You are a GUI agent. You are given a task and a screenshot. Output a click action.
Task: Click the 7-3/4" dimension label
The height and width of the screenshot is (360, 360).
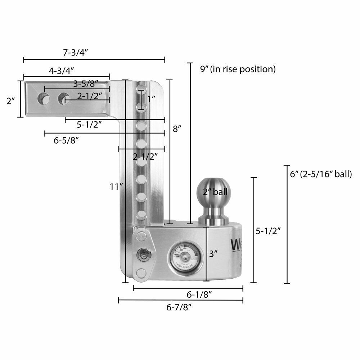tap(76, 52)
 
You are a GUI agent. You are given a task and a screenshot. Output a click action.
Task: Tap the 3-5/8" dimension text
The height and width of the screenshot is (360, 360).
tap(86, 84)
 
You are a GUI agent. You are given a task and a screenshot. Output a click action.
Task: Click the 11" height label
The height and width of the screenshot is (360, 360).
tap(117, 186)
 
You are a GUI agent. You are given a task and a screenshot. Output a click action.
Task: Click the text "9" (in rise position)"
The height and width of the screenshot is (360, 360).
tap(238, 69)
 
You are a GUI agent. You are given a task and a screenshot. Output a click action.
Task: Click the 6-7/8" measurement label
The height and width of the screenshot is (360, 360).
tap(179, 307)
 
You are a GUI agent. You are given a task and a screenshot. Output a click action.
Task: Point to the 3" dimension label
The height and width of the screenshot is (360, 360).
tap(213, 254)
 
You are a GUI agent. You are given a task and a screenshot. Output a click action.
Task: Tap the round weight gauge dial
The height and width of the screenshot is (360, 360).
tap(184, 256)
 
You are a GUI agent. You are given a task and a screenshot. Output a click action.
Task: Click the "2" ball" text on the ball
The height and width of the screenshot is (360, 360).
tap(215, 192)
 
